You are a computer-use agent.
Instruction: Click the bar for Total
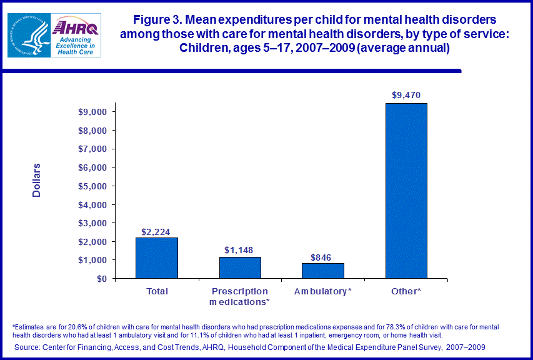pyautogui.click(x=156, y=257)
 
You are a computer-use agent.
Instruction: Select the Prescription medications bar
pyautogui.click(x=240, y=267)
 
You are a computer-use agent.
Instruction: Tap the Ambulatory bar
pyautogui.click(x=323, y=271)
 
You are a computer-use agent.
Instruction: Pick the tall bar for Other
pyautogui.click(x=406, y=191)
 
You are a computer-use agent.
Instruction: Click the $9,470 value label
pyautogui.click(x=406, y=95)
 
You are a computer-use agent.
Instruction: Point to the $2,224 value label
pyautogui.click(x=156, y=231)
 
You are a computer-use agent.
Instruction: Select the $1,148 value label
pyautogui.click(x=240, y=250)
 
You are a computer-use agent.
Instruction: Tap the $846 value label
pyautogui.click(x=323, y=256)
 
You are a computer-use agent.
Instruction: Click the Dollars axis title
pyautogui.click(x=36, y=180)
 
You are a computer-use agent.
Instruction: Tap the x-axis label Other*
pyautogui.click(x=406, y=291)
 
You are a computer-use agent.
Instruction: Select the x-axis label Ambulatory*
pyautogui.click(x=323, y=291)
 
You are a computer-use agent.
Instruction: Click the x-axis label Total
pyautogui.click(x=156, y=291)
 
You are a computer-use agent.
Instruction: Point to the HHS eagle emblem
pyautogui.click(x=27, y=36)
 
